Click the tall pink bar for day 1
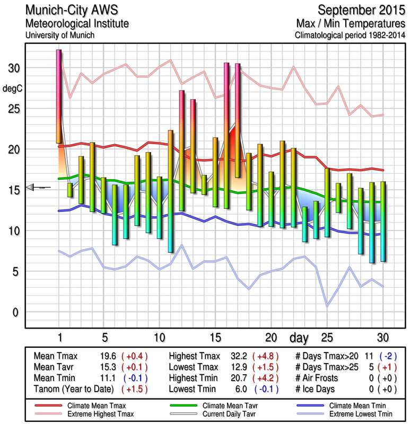click(x=59, y=96)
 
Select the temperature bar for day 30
click(x=383, y=222)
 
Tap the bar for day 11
click(x=170, y=191)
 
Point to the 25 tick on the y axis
click(x=15, y=109)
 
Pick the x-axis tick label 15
click(x=215, y=338)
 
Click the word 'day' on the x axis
click(x=299, y=338)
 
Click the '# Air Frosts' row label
click(x=320, y=378)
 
